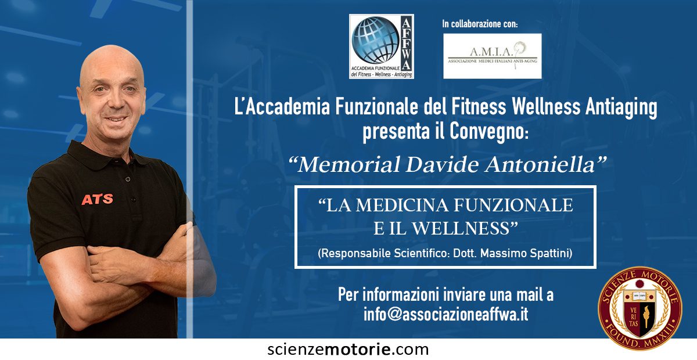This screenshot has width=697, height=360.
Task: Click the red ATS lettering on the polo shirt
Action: [x=98, y=199]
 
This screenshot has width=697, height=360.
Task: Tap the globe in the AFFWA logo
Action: [x=375, y=40]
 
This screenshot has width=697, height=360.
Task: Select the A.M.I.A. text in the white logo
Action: [x=491, y=51]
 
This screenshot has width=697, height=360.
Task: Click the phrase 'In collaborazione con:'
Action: [x=480, y=24]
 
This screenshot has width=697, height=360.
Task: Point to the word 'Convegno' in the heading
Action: [x=488, y=132]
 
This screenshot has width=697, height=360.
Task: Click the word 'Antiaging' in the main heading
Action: [x=621, y=107]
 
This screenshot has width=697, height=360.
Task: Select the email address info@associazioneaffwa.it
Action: [x=445, y=314]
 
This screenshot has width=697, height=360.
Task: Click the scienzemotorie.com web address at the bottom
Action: [x=348, y=350]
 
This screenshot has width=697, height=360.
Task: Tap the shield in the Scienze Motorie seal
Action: [x=640, y=314]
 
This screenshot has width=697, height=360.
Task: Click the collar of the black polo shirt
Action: [x=106, y=154]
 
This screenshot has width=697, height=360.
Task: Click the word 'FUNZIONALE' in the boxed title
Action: [x=513, y=206]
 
